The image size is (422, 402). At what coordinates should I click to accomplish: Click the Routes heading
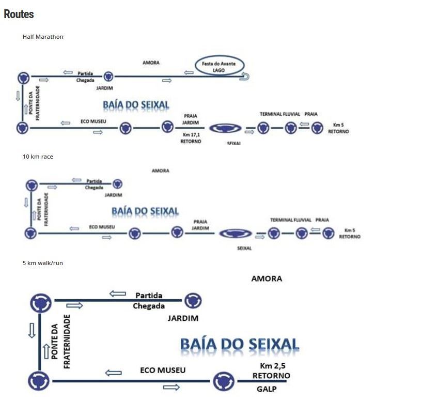tap(19, 14)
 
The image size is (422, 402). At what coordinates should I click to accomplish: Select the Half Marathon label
tap(43, 37)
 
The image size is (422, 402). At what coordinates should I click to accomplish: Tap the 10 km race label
tap(38, 157)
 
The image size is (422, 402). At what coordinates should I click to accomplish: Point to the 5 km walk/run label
tap(43, 263)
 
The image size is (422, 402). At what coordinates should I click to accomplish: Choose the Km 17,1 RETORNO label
tap(191, 138)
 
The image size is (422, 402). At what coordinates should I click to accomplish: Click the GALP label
tap(267, 389)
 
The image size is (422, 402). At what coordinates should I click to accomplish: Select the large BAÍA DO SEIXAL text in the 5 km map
tap(239, 345)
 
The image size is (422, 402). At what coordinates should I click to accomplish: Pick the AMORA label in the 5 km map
tap(267, 279)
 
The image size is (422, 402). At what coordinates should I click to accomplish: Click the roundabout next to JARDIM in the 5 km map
tap(193, 300)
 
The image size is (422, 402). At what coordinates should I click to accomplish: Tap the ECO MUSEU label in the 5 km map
tap(163, 370)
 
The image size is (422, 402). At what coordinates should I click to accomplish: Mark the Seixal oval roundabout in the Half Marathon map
tap(226, 129)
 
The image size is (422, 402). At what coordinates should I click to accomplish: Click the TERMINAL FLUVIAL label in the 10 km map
tap(291, 220)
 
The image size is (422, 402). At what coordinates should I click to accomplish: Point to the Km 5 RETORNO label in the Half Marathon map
tap(338, 128)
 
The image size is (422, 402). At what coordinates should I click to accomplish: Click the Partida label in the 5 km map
tap(149, 296)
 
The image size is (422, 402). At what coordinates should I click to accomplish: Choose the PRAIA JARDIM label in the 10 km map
tap(200, 225)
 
